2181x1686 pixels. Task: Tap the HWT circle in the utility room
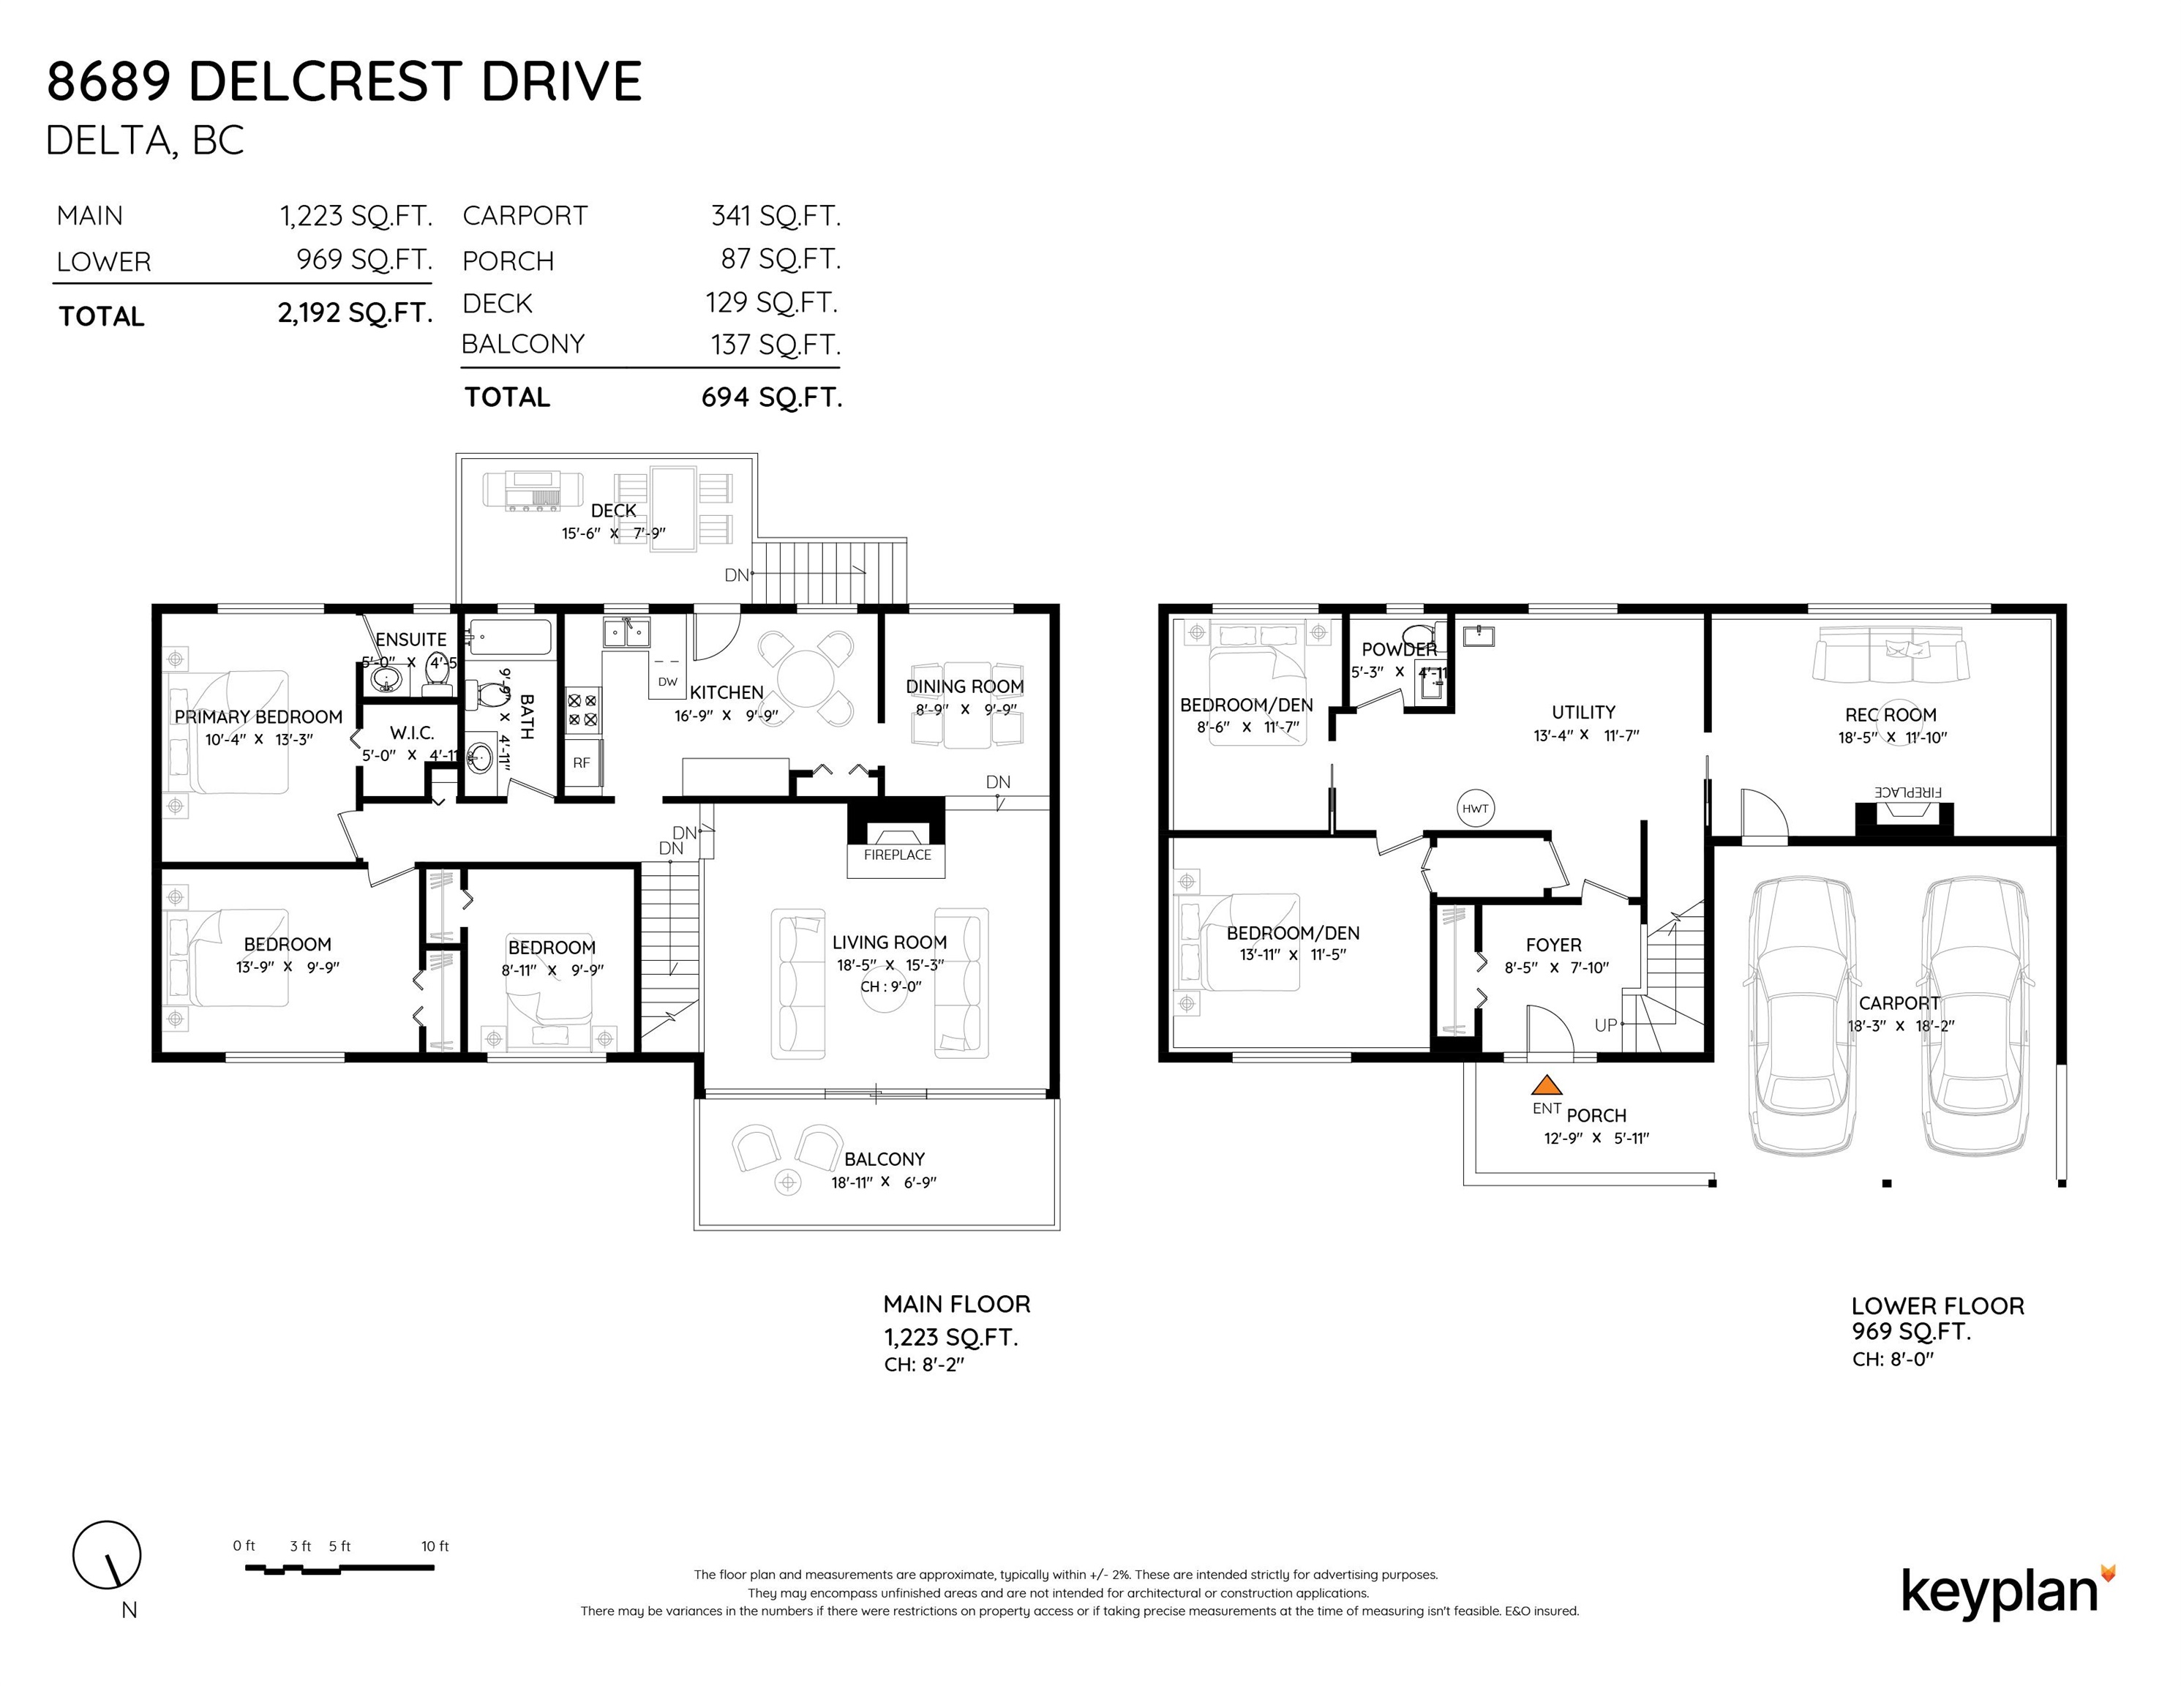[1475, 809]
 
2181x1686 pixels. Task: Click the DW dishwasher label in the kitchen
[668, 682]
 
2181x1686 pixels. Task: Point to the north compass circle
[107, 1555]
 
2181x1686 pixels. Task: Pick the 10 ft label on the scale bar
[435, 1546]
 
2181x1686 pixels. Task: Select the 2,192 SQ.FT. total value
[356, 314]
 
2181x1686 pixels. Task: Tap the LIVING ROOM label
[890, 942]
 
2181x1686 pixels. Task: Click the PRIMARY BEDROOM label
[259, 717]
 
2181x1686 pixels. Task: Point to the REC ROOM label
[1891, 715]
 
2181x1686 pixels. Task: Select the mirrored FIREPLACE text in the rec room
[1907, 792]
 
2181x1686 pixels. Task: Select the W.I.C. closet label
[411, 733]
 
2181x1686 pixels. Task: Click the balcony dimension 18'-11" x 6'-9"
[884, 1183]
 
